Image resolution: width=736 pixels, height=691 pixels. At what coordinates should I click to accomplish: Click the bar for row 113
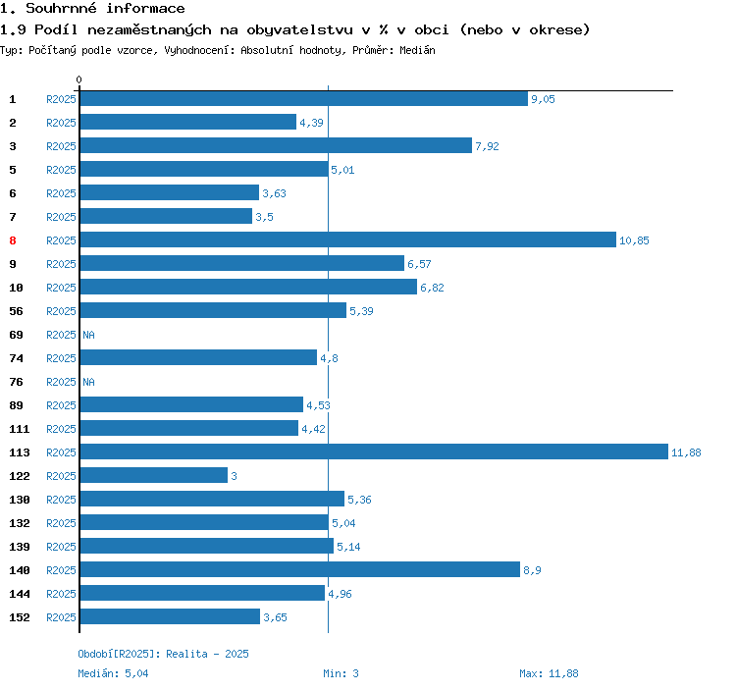click(373, 452)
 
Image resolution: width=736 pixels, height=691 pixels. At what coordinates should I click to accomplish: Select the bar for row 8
click(347, 239)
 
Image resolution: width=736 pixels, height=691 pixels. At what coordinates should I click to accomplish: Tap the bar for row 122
click(153, 475)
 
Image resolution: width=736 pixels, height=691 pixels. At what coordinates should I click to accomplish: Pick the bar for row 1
click(303, 98)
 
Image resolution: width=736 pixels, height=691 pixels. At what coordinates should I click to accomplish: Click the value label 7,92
click(488, 146)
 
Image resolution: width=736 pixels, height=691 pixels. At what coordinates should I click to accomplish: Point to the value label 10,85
click(634, 240)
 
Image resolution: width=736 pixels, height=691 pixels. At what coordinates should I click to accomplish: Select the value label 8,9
click(533, 570)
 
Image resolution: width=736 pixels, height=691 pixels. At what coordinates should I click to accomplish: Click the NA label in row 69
click(88, 335)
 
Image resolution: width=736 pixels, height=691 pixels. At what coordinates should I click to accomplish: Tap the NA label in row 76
click(88, 382)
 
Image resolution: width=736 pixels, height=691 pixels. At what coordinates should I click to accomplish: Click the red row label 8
click(13, 240)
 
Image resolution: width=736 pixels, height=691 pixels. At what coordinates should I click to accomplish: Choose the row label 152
click(19, 617)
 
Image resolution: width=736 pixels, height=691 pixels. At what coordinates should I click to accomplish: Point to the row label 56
click(16, 311)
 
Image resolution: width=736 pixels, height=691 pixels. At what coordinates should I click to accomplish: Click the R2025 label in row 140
click(61, 570)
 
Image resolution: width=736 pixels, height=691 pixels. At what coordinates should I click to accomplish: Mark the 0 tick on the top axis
click(79, 80)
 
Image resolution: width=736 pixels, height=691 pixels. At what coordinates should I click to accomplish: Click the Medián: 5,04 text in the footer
click(113, 673)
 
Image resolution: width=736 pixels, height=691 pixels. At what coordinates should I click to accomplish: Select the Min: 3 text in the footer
click(341, 673)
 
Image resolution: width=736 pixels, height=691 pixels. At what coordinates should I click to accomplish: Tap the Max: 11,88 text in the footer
click(549, 673)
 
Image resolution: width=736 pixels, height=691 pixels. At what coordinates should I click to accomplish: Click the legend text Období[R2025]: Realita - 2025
click(163, 653)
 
